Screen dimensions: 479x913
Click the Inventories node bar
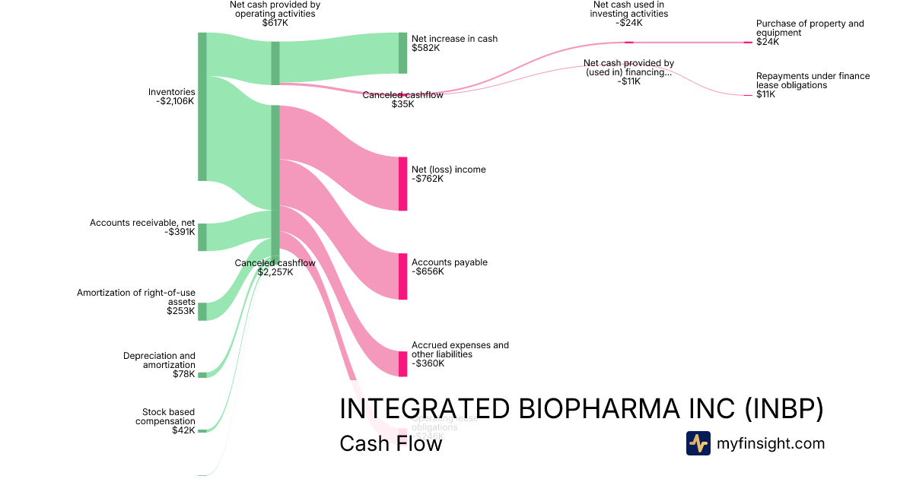(202, 106)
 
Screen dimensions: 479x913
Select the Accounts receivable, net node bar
(202, 237)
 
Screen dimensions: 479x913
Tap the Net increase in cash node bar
(403, 53)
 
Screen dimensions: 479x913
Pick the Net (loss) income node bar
(403, 183)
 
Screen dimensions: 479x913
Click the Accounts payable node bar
(403, 276)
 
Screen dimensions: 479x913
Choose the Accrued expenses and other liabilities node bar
(403, 363)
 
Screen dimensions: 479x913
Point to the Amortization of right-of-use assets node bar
(202, 311)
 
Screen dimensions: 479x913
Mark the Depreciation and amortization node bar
(202, 375)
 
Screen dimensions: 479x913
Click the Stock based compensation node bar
(202, 430)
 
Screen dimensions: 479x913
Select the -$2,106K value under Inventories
(175, 101)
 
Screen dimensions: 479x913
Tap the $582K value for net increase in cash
(426, 48)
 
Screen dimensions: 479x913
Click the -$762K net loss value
(428, 179)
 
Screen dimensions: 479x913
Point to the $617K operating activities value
(275, 23)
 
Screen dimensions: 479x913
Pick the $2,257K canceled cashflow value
(275, 271)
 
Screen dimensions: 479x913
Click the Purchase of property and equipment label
(810, 28)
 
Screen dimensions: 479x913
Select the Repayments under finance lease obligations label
(813, 81)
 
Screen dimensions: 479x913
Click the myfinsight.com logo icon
(698, 443)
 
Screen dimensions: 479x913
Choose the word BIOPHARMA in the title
(602, 409)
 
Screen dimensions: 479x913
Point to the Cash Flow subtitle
(390, 443)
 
